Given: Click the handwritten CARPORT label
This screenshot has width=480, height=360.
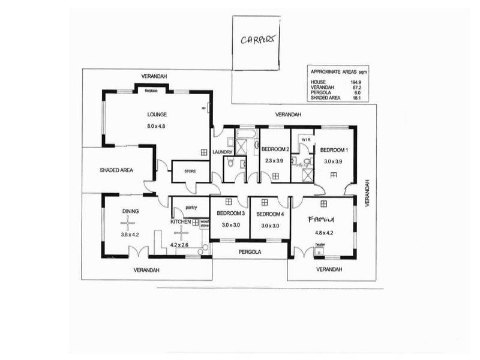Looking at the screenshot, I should click(259, 40).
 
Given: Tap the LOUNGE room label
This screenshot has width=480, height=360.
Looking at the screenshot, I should click(157, 114).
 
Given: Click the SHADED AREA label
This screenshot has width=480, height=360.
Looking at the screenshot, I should click(116, 170).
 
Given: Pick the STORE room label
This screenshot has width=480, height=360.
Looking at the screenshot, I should click(190, 172).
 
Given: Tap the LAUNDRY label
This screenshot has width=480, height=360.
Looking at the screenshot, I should click(223, 152).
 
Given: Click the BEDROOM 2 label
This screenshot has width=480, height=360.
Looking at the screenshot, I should click(276, 149).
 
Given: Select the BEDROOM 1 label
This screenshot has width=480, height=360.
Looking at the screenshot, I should click(334, 149).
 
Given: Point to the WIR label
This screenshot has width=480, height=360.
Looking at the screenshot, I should click(305, 139).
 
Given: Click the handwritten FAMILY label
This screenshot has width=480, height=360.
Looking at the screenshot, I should click(320, 219).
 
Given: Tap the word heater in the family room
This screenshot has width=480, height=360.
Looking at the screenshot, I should click(320, 244).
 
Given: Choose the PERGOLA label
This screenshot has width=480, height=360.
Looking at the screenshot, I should click(250, 252).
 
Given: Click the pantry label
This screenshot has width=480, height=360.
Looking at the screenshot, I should click(191, 208).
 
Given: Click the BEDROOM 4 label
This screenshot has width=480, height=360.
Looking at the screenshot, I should click(269, 214).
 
